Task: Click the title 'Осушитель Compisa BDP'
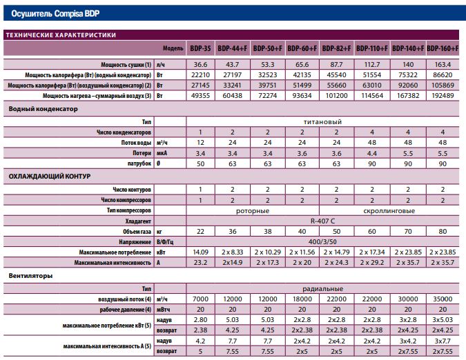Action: click(x=55, y=14)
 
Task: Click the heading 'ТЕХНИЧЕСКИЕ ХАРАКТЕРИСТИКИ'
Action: click(x=61, y=35)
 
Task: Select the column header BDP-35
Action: click(x=200, y=48)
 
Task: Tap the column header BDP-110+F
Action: click(x=372, y=48)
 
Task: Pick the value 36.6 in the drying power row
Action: click(x=200, y=65)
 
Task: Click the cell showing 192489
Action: click(x=443, y=96)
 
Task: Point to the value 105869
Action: click(x=443, y=86)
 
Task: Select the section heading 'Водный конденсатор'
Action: click(x=43, y=109)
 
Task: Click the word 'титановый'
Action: click(x=322, y=122)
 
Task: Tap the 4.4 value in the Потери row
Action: click(x=372, y=153)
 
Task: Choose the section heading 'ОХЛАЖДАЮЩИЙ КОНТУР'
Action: click(x=49, y=177)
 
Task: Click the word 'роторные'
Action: click(x=253, y=211)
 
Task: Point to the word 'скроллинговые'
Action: click(x=389, y=211)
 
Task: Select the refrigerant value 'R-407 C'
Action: click(x=322, y=221)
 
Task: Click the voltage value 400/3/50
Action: click(x=322, y=242)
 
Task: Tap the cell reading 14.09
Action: click(x=200, y=252)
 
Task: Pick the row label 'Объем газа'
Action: click(x=137, y=232)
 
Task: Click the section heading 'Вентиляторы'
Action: click(x=30, y=276)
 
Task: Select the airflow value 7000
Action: click(x=200, y=299)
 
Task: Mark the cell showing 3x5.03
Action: click(x=443, y=320)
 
